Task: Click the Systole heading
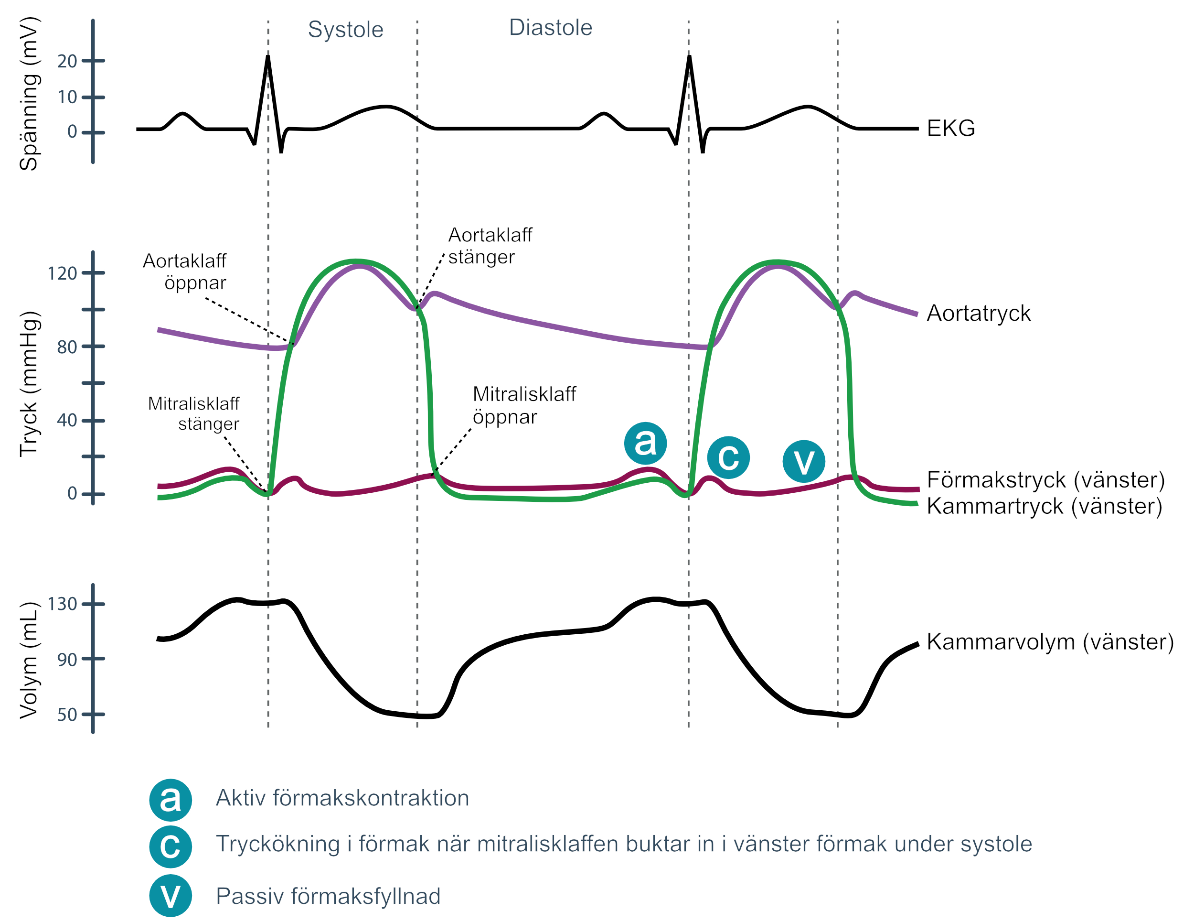[x=345, y=30]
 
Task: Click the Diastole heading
[x=551, y=28]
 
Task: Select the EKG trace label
[x=951, y=129]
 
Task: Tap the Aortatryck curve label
[x=979, y=314]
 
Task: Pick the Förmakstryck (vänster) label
[x=1046, y=480]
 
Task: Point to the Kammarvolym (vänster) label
[x=1050, y=642]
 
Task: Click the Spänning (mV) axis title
[x=29, y=94]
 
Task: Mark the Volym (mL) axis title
[x=29, y=661]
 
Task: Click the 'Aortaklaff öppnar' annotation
[x=185, y=272]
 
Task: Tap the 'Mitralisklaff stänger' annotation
[x=193, y=413]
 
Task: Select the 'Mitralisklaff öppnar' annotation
[x=524, y=405]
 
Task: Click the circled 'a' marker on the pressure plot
[x=645, y=443]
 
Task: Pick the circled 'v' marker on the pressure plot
[x=804, y=461]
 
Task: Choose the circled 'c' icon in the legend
[x=171, y=846]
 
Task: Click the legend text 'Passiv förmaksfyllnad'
[x=328, y=896]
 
